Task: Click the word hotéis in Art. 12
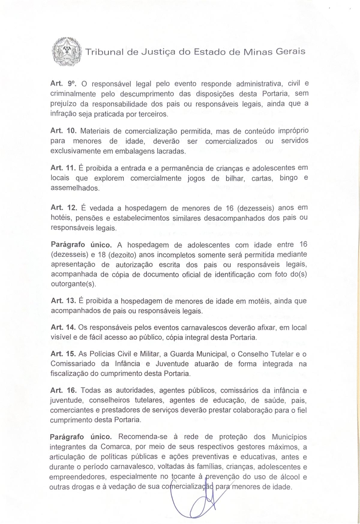pyautogui.click(x=60, y=218)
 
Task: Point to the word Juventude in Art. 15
pyautogui.click(x=172, y=364)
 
